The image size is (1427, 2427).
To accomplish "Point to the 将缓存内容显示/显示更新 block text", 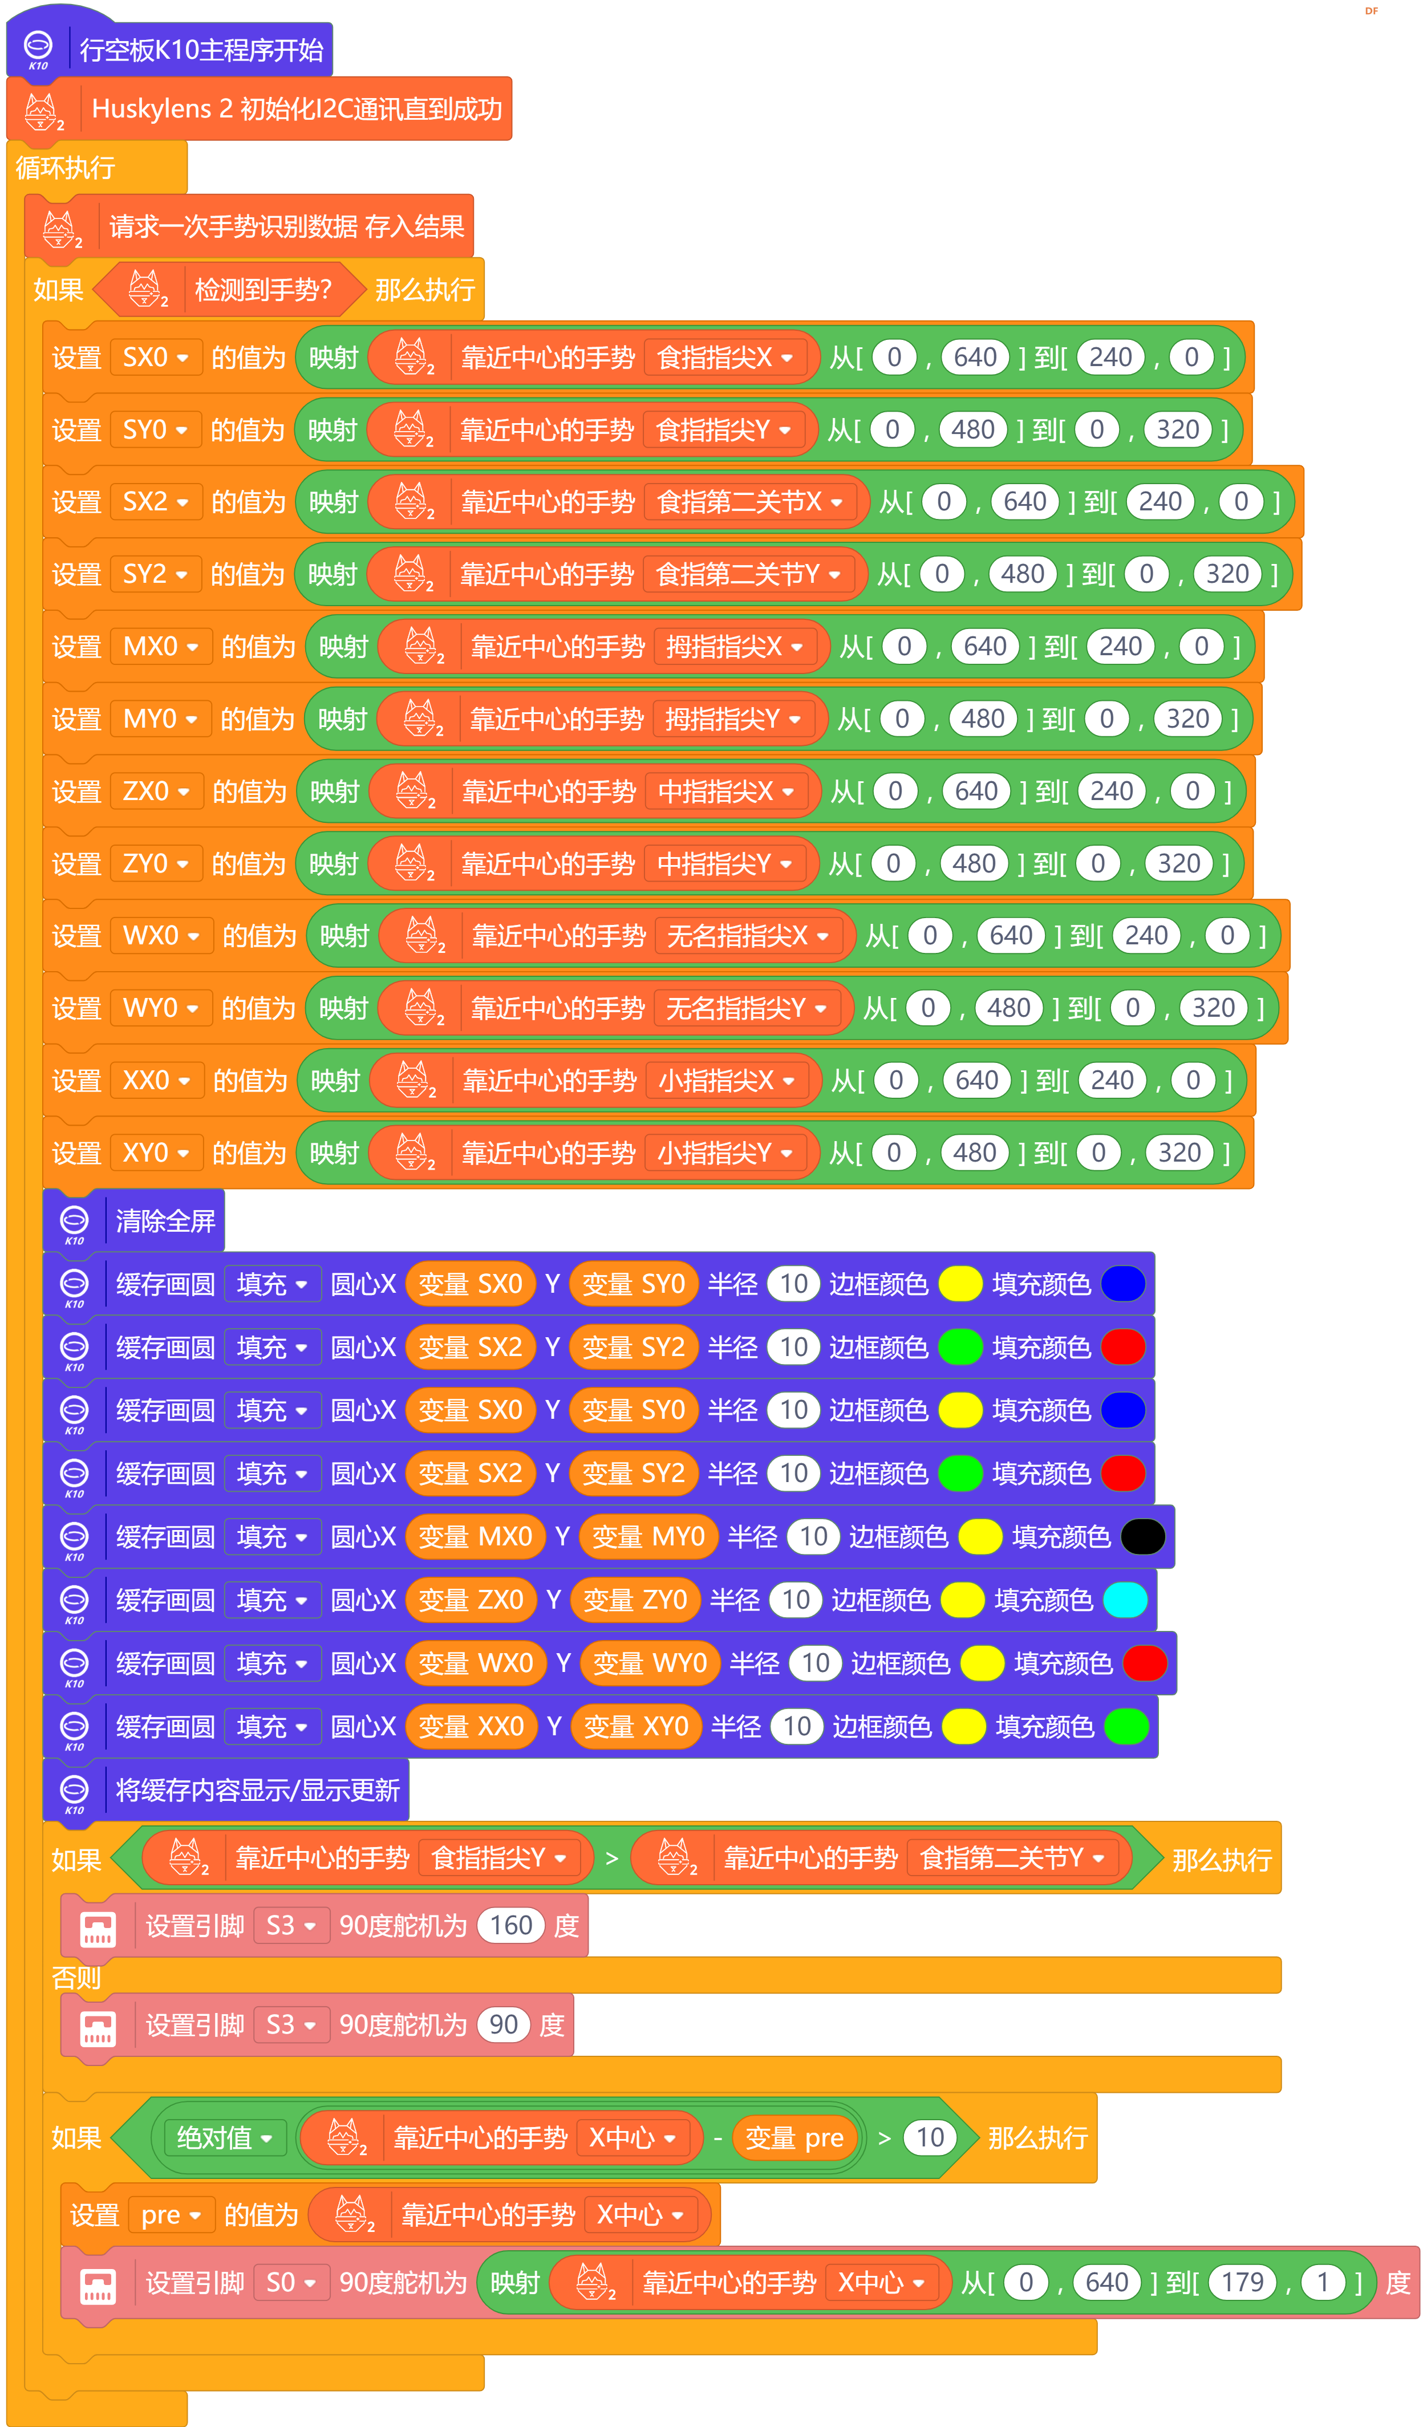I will (x=257, y=1791).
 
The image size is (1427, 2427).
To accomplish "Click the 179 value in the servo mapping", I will (x=1242, y=2283).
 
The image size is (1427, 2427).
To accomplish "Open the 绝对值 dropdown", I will (x=225, y=2138).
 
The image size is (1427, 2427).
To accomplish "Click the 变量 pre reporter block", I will (x=795, y=2138).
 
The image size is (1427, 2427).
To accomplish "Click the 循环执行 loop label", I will (x=66, y=168).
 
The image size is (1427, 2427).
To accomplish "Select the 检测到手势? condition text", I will (x=263, y=289).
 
